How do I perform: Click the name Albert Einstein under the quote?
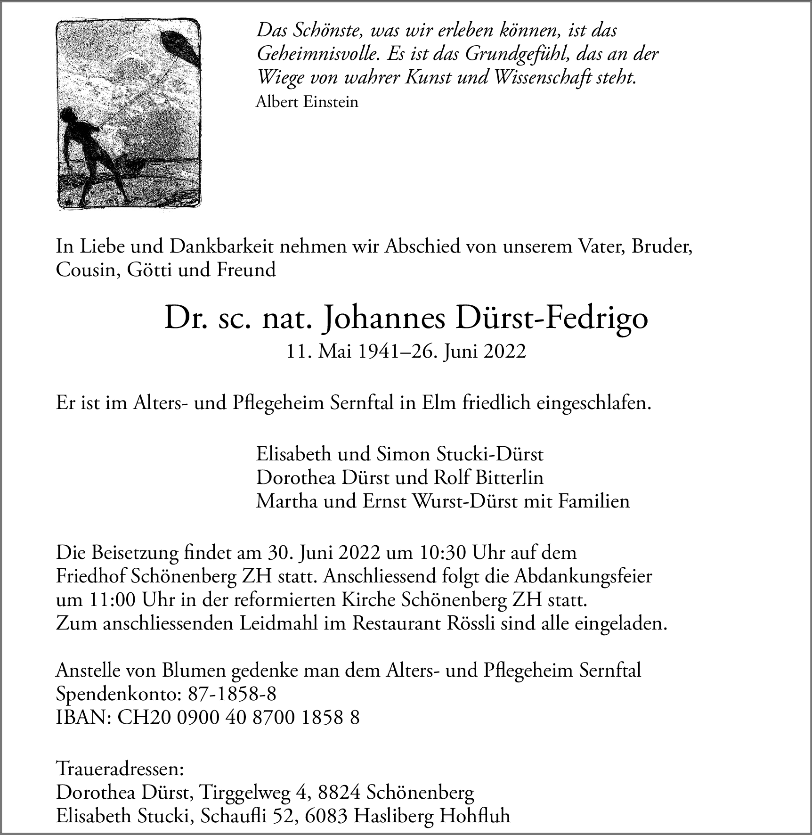pos(307,102)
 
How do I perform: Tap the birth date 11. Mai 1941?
pos(345,351)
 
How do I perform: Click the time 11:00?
pos(110,601)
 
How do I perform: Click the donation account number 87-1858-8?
pos(232,694)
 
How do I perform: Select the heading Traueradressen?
pos(120,770)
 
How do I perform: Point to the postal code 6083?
pos(327,816)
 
